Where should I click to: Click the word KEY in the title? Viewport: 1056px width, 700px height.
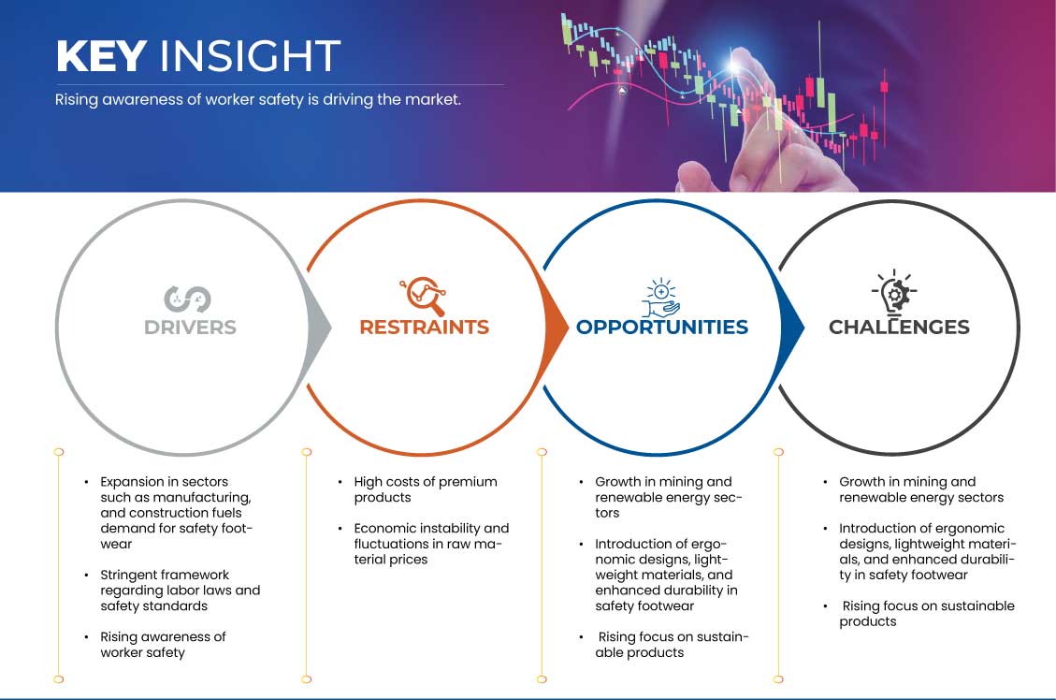(101, 56)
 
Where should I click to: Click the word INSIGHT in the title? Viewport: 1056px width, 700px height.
(250, 56)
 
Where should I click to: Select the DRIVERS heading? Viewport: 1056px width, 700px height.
(190, 328)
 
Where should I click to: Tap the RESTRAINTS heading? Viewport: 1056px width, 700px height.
(425, 328)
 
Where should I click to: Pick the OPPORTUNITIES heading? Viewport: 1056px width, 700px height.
(662, 328)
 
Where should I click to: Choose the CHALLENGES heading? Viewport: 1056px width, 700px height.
(899, 328)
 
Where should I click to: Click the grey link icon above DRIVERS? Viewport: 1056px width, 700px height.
(187, 299)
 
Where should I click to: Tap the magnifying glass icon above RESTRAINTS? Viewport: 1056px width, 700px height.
(424, 296)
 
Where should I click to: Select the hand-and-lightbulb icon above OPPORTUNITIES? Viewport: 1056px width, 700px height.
(660, 297)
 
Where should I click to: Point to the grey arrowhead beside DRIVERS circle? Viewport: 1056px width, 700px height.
(319, 328)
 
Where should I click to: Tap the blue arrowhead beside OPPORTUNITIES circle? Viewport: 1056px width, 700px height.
(792, 328)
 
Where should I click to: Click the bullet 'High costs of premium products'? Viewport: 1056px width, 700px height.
(426, 489)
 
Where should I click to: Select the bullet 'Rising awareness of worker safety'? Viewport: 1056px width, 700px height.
(163, 645)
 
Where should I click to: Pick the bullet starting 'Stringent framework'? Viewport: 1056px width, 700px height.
(180, 591)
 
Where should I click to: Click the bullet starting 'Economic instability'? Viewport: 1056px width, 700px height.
(431, 544)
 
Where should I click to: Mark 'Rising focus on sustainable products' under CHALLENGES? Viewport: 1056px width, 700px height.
(927, 614)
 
